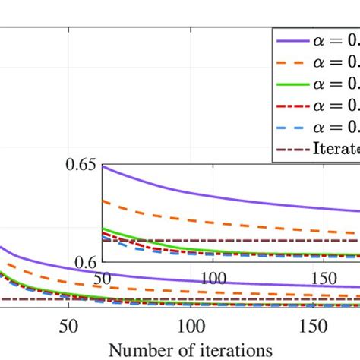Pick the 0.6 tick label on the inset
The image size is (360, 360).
click(87, 261)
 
